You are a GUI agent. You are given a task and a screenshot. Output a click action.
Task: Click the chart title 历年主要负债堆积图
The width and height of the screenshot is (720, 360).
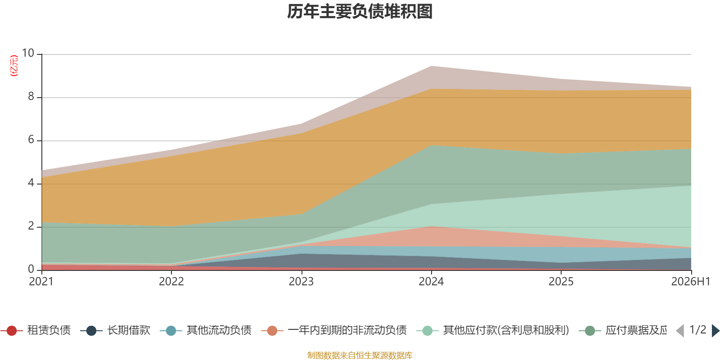pyautogui.click(x=360, y=12)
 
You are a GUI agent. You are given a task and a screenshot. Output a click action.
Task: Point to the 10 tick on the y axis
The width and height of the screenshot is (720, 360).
pyautogui.click(x=28, y=53)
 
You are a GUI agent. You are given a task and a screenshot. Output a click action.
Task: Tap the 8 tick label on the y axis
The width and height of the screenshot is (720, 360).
pyautogui.click(x=31, y=96)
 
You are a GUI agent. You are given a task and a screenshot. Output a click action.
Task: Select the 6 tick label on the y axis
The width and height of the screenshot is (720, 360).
pyautogui.click(x=31, y=139)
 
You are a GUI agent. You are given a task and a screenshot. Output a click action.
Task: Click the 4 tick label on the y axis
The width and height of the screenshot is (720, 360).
pyautogui.click(x=31, y=183)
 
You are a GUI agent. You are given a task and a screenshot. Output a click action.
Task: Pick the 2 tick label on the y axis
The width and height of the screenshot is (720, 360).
pyautogui.click(x=31, y=226)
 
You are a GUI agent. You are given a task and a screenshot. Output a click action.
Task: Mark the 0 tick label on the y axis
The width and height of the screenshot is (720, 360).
pyautogui.click(x=31, y=269)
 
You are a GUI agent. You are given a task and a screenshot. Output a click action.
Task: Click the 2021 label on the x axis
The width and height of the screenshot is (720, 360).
pyautogui.click(x=41, y=282)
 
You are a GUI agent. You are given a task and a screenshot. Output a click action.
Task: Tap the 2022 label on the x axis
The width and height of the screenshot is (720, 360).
pyautogui.click(x=171, y=282)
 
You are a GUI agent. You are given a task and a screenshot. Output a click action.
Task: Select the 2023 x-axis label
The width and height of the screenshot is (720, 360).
pyautogui.click(x=301, y=282)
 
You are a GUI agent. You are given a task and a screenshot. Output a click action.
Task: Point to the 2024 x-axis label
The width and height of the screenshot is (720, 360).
pyautogui.click(x=431, y=282)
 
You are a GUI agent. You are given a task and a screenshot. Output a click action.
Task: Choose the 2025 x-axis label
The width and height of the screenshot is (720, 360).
pyautogui.click(x=561, y=282)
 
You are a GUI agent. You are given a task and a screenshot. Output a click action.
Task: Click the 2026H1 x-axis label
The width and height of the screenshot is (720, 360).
pyautogui.click(x=691, y=282)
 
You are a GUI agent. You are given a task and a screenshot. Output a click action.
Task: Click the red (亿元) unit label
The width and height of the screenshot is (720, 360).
pyautogui.click(x=14, y=66)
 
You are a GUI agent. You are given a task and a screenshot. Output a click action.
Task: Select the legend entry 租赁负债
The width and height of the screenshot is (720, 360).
pyautogui.click(x=36, y=330)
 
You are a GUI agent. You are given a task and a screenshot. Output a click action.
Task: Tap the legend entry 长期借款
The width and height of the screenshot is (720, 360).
pyautogui.click(x=115, y=330)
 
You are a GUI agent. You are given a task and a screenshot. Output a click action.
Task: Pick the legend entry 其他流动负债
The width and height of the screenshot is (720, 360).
pyautogui.click(x=206, y=330)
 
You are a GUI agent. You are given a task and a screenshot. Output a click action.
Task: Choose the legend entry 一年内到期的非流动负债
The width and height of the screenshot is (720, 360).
pyautogui.click(x=334, y=330)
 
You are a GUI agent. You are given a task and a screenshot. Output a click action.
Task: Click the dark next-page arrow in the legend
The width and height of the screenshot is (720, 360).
pyautogui.click(x=715, y=330)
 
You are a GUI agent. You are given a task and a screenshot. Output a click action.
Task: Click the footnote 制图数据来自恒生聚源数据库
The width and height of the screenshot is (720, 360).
pyautogui.click(x=360, y=355)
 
